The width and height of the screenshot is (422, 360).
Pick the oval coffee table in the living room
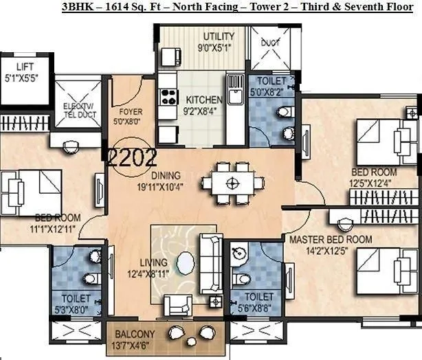point(186,264)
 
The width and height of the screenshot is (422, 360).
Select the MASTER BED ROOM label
point(330,240)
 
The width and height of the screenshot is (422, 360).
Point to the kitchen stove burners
point(167,96)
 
